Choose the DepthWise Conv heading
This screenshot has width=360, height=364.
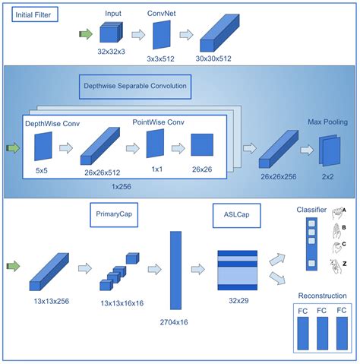point(51,123)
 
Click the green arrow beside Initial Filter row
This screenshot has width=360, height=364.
point(84,33)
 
